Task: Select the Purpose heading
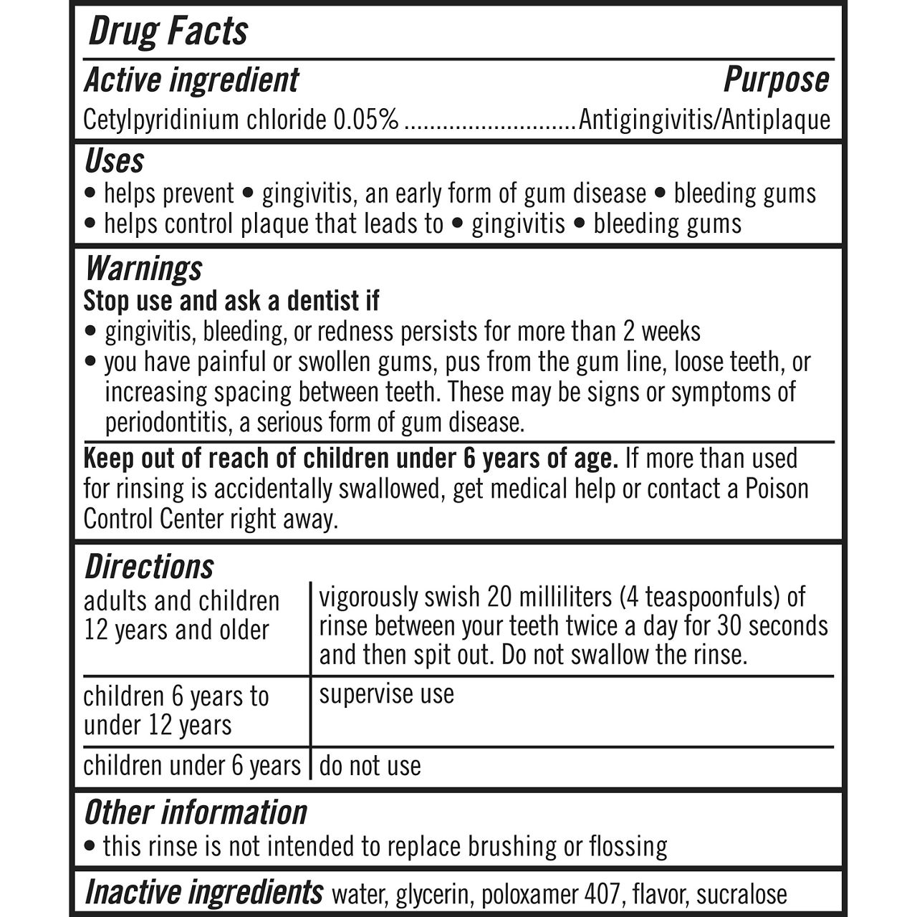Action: pos(776,80)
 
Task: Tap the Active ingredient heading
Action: pos(191,80)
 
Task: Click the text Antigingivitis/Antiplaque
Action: pos(704,120)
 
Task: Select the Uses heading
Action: pos(114,161)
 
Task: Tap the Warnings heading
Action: pos(143,269)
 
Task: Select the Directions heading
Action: pos(149,567)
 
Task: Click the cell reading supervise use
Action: pos(386,694)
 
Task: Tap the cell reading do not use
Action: pos(370,767)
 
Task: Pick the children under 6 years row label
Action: pos(192,766)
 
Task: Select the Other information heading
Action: pos(196,812)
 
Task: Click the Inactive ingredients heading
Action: pos(203,893)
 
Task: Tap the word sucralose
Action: pos(741,894)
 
